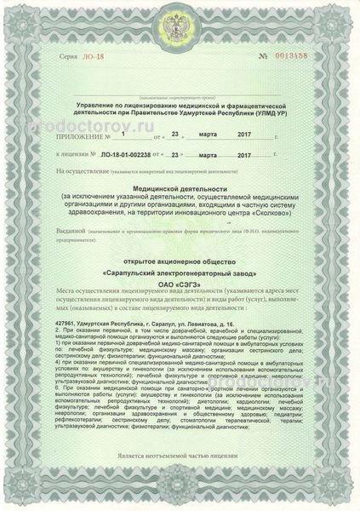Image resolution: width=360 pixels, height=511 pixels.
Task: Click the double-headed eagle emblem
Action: click(x=179, y=22)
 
